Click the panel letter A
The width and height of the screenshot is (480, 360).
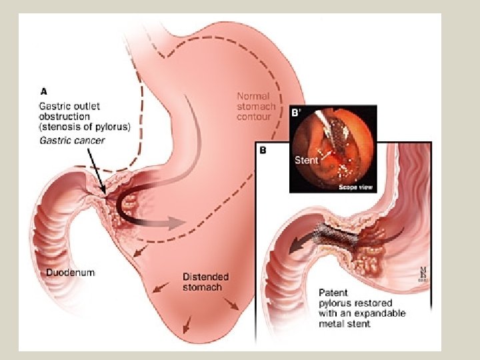[43, 93]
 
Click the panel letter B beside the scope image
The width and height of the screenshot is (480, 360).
[263, 151]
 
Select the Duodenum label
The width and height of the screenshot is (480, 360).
[71, 272]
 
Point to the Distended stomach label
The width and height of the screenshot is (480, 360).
[205, 281]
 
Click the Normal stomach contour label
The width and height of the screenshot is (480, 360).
[254, 107]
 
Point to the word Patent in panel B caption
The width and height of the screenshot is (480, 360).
[333, 293]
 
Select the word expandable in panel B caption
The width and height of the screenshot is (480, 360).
[381, 313]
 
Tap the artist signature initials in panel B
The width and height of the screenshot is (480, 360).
[423, 274]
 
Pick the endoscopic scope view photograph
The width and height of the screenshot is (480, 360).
[333, 149]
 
